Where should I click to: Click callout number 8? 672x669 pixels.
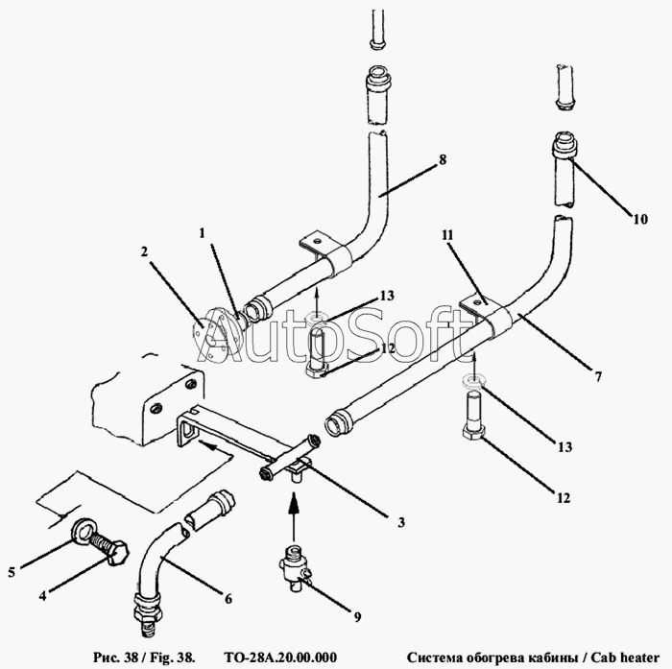tap(443, 159)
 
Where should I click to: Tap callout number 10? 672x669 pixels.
tap(640, 219)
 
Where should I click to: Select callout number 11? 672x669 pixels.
tap(448, 235)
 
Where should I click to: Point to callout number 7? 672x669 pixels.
tap(598, 376)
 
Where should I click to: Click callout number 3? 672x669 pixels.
tap(400, 522)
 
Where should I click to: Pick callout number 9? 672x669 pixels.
tap(357, 617)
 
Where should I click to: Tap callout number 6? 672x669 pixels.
tap(228, 599)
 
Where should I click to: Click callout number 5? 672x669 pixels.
tap(12, 572)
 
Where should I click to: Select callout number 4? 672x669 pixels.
tap(42, 595)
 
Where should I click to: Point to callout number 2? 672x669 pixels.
tap(144, 251)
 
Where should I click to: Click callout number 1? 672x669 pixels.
tap(202, 233)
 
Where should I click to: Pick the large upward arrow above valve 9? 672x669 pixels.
tap(294, 517)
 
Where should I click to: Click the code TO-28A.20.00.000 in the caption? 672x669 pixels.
tap(280, 657)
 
